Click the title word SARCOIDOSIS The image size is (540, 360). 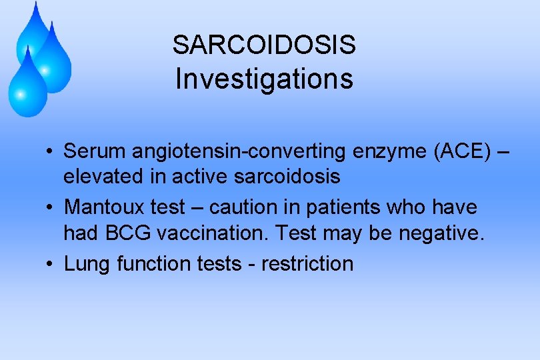coord(264,45)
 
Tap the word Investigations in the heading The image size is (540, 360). coord(264,79)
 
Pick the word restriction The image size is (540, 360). coord(307,264)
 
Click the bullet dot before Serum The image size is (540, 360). coord(51,152)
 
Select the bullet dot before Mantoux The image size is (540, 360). coord(51,208)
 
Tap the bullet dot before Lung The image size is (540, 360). coord(51,264)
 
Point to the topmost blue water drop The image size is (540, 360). coord(33,30)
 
